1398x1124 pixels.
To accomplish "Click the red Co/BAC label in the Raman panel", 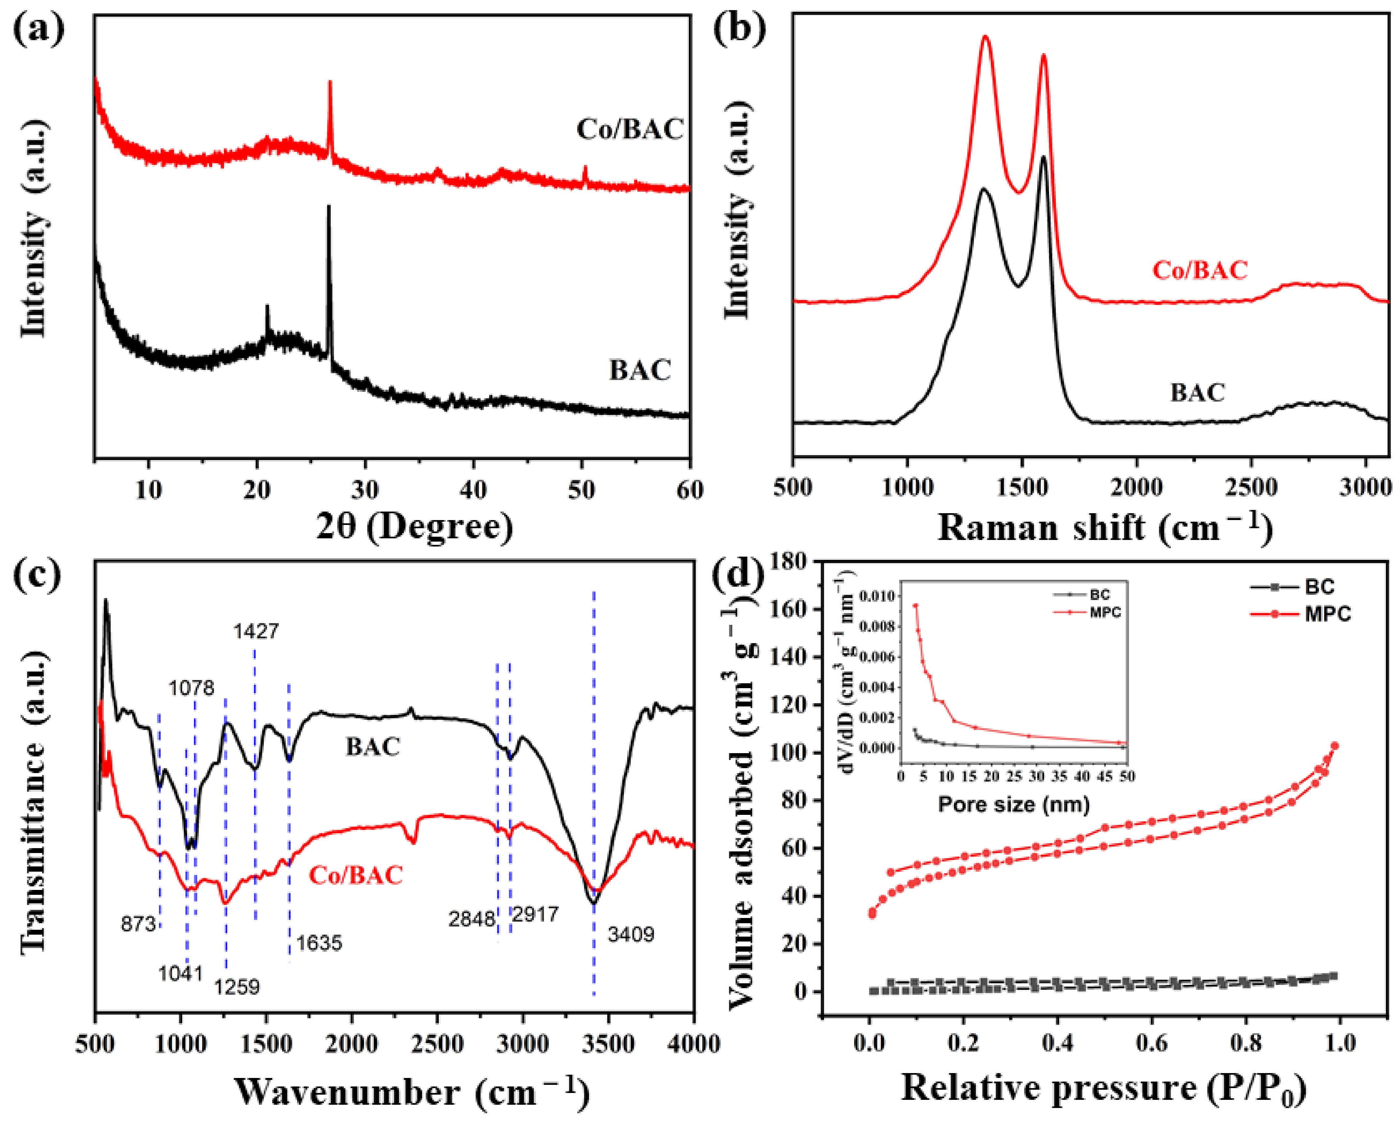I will (1199, 270).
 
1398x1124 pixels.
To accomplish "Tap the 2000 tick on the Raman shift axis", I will (1136, 487).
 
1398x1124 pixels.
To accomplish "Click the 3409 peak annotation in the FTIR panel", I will (630, 934).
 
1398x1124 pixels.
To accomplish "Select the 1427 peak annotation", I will (257, 631).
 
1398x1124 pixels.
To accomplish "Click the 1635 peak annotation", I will (318, 942).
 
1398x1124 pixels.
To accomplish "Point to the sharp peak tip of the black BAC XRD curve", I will (329, 206).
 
